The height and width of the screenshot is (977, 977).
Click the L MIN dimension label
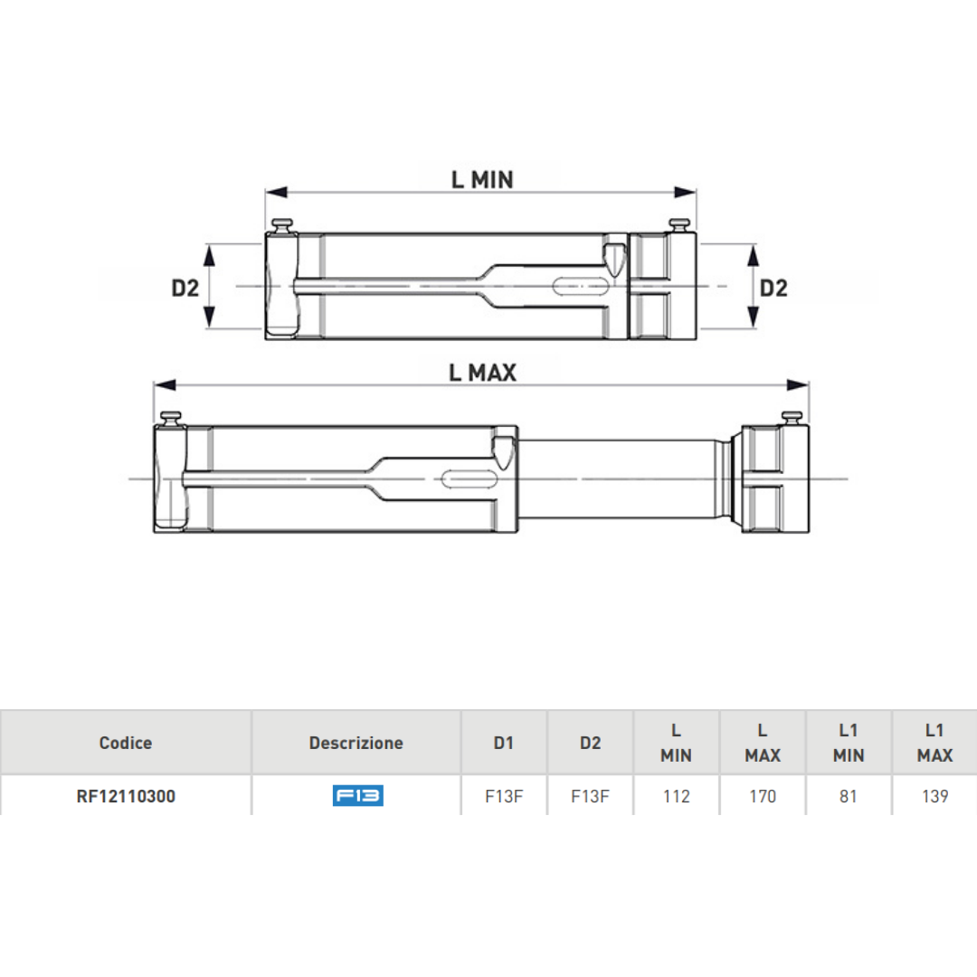482,180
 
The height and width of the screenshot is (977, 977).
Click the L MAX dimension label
482,372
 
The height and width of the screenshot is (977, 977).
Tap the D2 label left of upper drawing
185,289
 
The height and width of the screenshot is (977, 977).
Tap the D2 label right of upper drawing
773,288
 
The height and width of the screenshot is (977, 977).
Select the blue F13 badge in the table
357,796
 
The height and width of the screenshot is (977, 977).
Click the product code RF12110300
126,796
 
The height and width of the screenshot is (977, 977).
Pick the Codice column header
126,743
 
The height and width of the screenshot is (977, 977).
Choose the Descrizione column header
356,743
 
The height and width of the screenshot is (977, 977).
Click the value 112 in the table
676,796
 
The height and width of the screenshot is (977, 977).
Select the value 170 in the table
763,796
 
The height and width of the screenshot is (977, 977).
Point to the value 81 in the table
848,796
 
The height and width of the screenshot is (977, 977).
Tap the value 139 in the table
934,796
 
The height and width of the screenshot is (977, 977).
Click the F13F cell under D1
504,796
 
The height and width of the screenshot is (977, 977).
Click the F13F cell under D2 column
590,796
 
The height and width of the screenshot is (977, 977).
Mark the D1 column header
504,743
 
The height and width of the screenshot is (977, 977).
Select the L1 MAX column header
934,743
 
